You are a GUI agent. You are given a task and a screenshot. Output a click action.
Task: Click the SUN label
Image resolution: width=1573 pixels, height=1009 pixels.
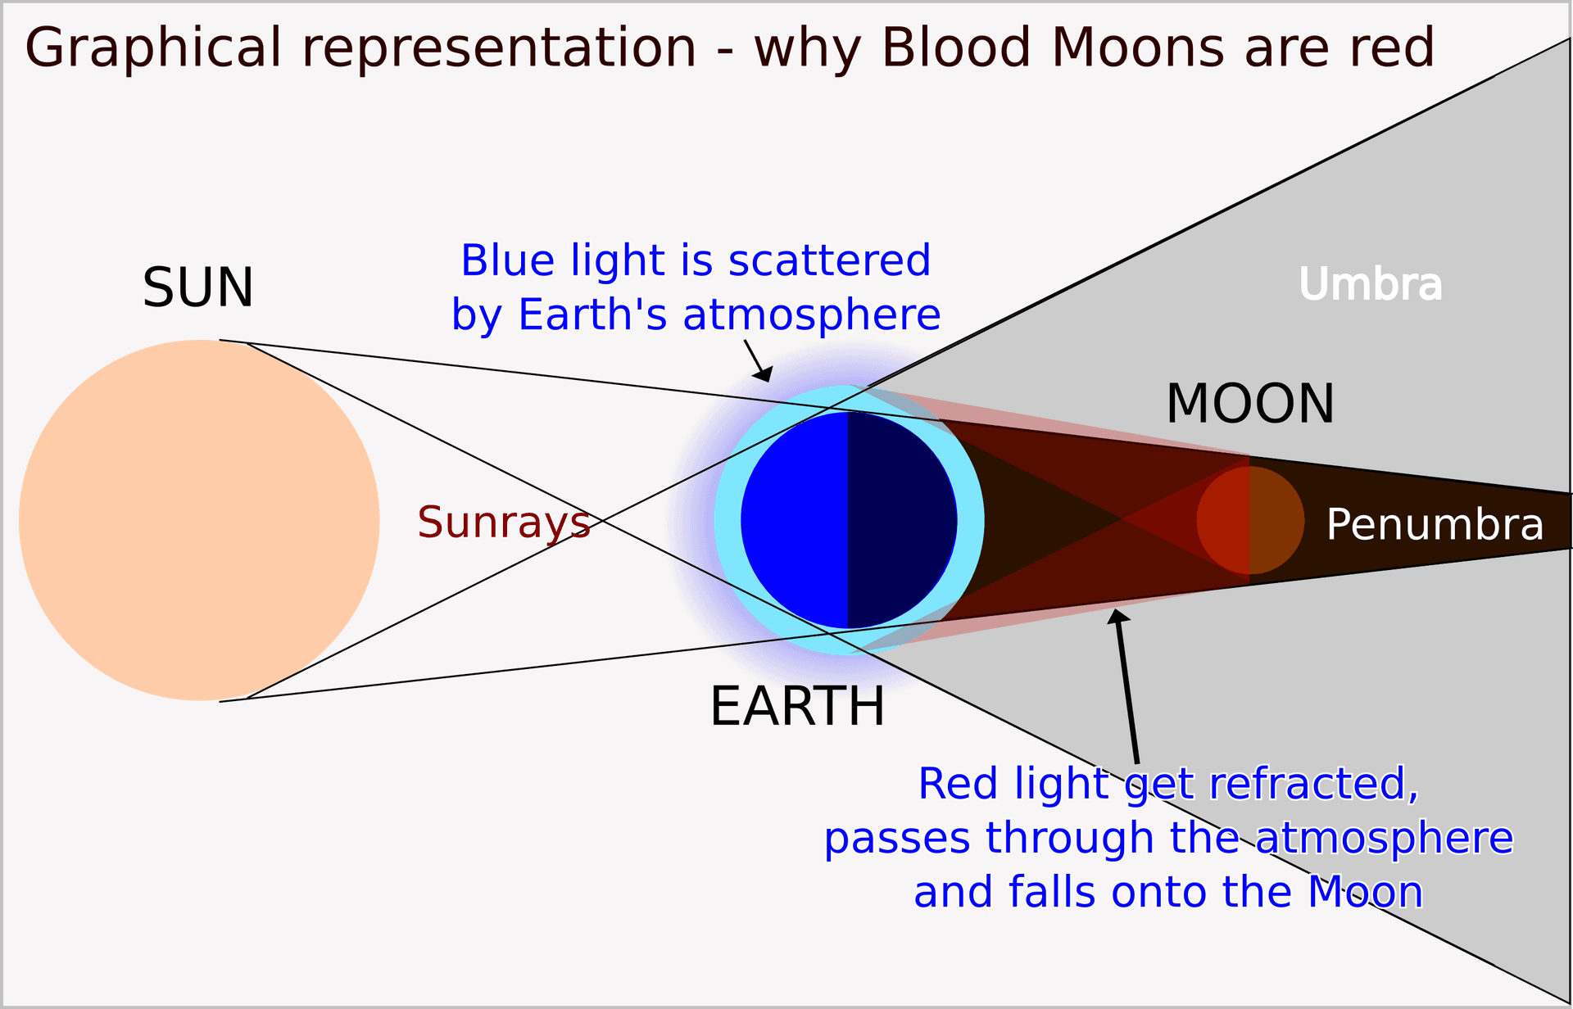[x=198, y=288]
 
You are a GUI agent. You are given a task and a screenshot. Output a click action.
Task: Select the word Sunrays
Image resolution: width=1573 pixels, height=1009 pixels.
[x=503, y=523]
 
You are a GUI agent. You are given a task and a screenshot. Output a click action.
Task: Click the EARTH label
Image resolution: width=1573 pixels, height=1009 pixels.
[x=797, y=706]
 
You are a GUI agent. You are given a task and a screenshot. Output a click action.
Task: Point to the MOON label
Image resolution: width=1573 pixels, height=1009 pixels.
[x=1250, y=404]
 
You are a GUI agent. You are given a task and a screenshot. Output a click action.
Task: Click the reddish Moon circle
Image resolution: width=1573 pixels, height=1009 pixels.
[x=1250, y=520]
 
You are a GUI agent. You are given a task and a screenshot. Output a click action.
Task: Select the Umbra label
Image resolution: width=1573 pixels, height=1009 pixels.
[x=1370, y=285]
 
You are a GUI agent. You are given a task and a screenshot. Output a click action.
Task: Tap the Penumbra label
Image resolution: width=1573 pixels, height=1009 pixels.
[x=1435, y=524]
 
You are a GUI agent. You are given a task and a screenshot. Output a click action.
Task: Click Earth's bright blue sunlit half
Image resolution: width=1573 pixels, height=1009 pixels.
[x=795, y=520]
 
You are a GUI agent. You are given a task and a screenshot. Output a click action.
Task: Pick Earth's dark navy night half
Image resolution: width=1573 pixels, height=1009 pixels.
[x=901, y=520]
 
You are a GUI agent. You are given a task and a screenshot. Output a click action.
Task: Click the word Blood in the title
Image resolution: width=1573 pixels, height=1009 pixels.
[x=955, y=48]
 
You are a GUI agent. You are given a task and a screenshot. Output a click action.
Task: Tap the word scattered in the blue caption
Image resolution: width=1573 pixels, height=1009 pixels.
[x=829, y=260]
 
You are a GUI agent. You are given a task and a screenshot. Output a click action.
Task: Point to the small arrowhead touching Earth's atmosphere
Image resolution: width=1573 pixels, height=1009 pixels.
[x=764, y=375]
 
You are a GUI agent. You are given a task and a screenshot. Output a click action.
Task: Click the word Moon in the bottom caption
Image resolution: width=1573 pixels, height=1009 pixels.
[x=1365, y=892]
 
